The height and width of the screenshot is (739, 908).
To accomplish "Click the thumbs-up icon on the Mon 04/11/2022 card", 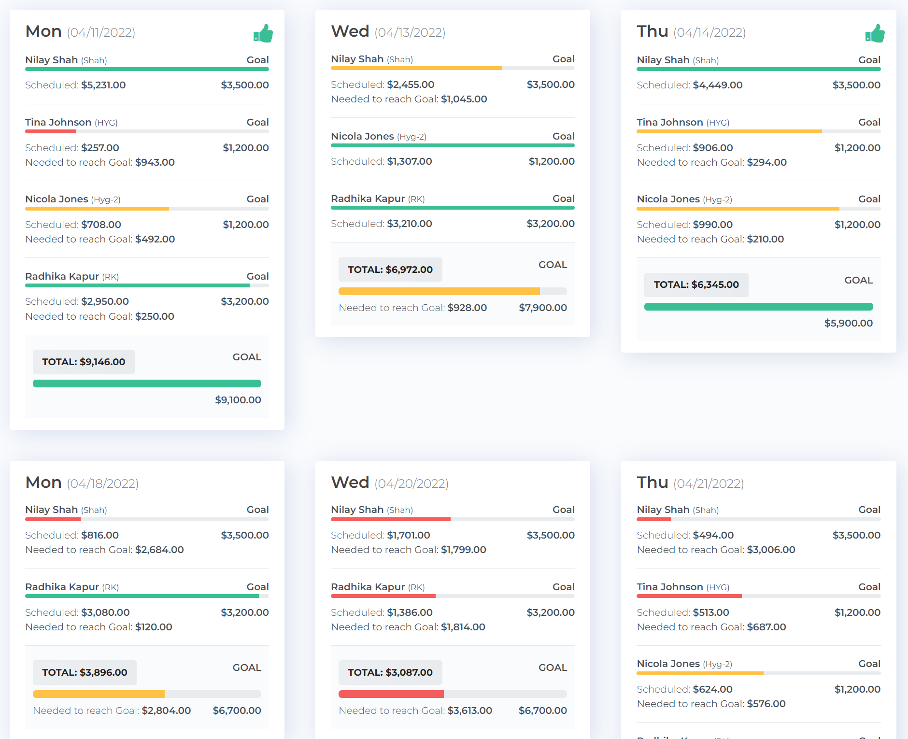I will click(x=263, y=34).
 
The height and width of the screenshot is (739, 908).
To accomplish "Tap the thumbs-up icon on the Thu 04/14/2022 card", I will click(x=875, y=34).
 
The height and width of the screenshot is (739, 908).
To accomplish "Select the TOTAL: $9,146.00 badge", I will click(x=84, y=362).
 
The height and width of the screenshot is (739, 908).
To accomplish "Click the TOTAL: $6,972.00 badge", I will click(x=390, y=270).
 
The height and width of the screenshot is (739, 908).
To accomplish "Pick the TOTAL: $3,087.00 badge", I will click(x=390, y=672).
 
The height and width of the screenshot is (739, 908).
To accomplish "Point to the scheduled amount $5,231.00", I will click(x=103, y=85).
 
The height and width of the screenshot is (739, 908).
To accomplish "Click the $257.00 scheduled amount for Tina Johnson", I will click(x=100, y=148).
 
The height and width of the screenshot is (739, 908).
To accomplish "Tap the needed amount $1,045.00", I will click(x=464, y=99).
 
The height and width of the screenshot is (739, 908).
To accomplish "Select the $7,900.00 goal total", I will click(x=542, y=308).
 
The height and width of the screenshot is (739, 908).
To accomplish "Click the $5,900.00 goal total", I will click(x=848, y=323).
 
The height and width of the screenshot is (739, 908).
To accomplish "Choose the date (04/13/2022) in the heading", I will click(x=410, y=32).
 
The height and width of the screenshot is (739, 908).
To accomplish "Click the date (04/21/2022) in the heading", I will click(x=709, y=483).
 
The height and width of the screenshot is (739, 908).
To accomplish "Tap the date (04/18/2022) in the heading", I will click(x=102, y=483).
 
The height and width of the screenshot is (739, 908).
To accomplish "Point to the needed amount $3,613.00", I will click(x=469, y=711).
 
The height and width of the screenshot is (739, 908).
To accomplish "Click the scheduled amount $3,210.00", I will click(x=409, y=224).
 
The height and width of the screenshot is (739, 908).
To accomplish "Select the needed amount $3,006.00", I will click(x=771, y=550).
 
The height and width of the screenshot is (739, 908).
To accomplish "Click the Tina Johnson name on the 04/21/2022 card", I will click(x=669, y=587).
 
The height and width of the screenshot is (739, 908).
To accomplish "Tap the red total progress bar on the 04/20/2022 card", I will click(x=391, y=694).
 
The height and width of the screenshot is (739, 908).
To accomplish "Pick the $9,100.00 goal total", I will click(x=238, y=400).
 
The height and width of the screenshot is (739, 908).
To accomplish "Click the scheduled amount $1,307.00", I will click(x=409, y=161).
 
